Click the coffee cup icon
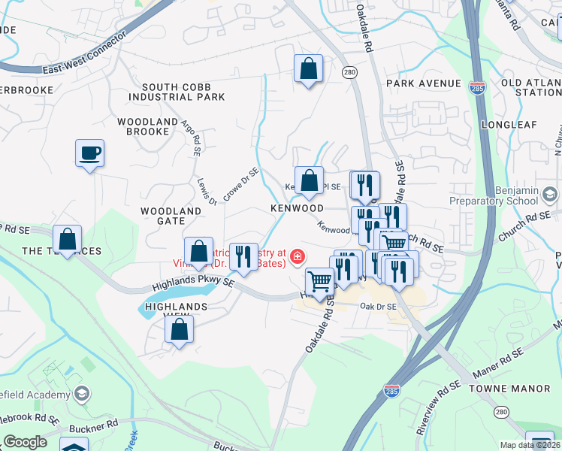click(89, 154)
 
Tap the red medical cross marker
click(298, 259)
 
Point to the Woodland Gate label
click(171, 216)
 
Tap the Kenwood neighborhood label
click(297, 208)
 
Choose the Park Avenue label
click(424, 83)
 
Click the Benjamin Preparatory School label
click(494, 197)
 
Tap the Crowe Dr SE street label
click(240, 184)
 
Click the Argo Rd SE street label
click(189, 136)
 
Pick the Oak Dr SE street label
click(378, 307)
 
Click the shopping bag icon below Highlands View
click(180, 329)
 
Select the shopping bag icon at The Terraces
click(68, 241)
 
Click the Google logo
click(26, 442)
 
